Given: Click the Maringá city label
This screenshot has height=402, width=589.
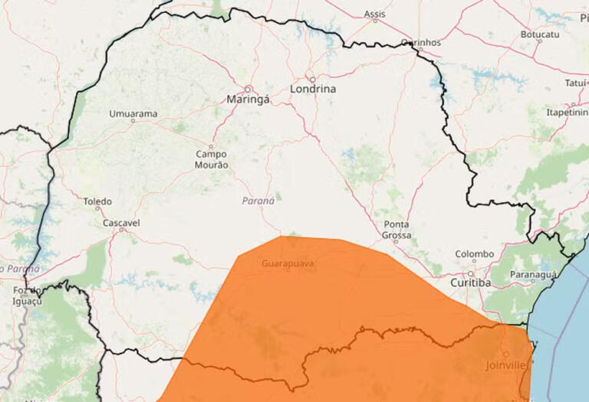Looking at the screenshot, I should pos(247,100).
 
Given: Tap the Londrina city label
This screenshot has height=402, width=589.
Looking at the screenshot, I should pos(313,90).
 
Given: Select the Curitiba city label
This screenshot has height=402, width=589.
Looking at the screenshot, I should pos(470,283).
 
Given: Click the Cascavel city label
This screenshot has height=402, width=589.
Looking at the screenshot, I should pos(121,223).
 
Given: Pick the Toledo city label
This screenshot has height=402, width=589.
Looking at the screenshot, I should pos(97,202).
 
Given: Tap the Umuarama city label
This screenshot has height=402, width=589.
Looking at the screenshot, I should pos(133,114).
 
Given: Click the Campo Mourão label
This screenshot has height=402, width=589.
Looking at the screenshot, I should pos(212,159).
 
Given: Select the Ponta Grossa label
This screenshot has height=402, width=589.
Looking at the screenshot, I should pos(397,230).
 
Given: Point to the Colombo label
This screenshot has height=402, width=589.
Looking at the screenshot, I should pos(475,254).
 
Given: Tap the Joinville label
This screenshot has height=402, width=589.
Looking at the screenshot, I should pos(507,365).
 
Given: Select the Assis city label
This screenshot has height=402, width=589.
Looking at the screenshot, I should pos(375,14).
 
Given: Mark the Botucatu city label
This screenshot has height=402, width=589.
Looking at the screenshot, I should pos(540,34).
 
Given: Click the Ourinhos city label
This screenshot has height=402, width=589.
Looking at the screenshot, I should pos(420,43).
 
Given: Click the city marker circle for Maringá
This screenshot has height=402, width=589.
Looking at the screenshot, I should pos(248,89).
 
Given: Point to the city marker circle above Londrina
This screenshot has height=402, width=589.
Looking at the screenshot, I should pos(312,79).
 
